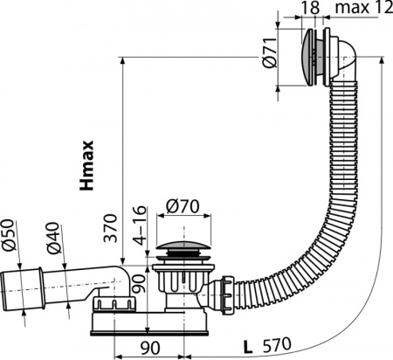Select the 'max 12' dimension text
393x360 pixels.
(x=361, y=9)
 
